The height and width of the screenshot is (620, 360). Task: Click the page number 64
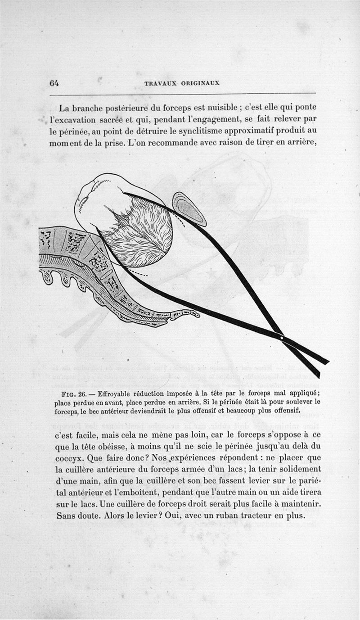[54, 83]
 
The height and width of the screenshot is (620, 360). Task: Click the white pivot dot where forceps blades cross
[281, 338]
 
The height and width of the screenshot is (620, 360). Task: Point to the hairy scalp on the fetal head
[143, 230]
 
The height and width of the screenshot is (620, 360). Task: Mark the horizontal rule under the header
[183, 94]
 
